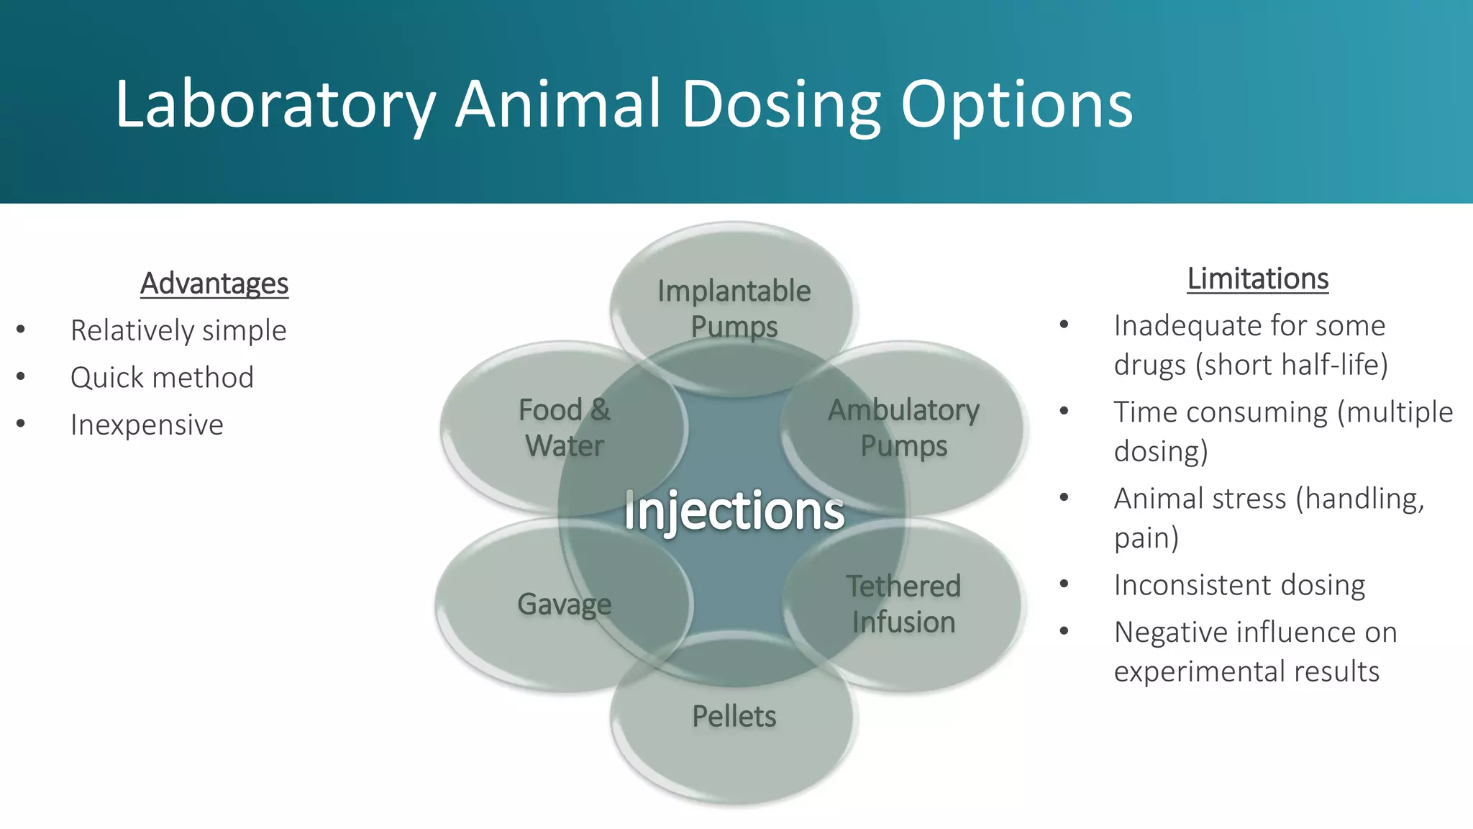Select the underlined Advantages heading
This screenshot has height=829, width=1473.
click(x=214, y=284)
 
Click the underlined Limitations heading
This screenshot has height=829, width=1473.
click(x=1257, y=278)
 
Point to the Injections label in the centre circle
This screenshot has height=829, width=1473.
click(x=734, y=511)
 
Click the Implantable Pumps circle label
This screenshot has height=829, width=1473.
click(x=734, y=308)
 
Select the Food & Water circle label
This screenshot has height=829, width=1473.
click(x=565, y=427)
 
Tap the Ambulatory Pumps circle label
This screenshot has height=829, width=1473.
click(x=903, y=427)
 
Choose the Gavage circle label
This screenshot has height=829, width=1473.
click(x=565, y=604)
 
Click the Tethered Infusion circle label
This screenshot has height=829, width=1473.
click(x=903, y=604)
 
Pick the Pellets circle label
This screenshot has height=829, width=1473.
click(x=734, y=716)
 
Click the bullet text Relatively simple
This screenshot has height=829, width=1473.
click(x=178, y=330)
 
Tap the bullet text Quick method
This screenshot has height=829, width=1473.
click(x=162, y=378)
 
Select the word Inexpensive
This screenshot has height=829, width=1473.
click(x=147, y=425)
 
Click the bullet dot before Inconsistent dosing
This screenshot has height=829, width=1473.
click(x=1064, y=584)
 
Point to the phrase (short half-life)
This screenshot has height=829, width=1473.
click(x=1292, y=365)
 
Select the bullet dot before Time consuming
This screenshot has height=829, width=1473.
click(x=1064, y=411)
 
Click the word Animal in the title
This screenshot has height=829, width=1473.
click(x=558, y=105)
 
